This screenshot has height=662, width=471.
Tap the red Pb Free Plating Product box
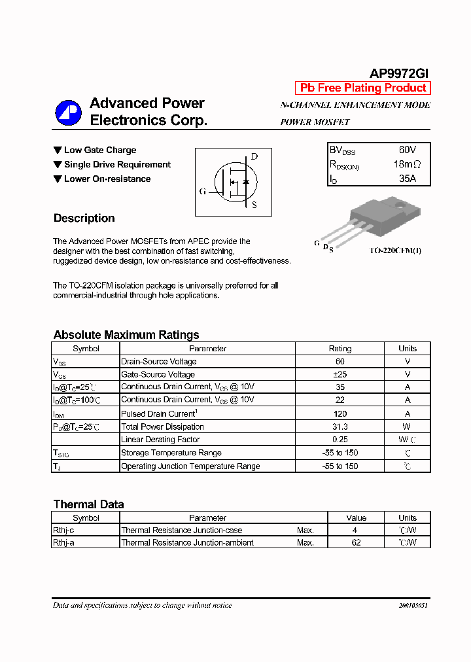coord(363,88)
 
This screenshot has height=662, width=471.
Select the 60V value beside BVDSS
coord(407,150)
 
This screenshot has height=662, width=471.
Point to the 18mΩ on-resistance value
coord(407,164)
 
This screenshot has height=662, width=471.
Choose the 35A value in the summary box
coord(407,179)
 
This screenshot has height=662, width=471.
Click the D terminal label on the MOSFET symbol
coord(254,156)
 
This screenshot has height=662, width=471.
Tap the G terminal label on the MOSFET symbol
coord(203,192)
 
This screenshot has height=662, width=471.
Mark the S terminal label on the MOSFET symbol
coord(254,205)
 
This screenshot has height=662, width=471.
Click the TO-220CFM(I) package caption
coord(395,251)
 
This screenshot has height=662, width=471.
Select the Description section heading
coord(84,218)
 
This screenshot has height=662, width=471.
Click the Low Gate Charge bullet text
coord(100,150)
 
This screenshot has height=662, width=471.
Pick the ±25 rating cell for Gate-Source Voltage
coord(340,374)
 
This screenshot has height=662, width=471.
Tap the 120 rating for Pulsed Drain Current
coord(340,413)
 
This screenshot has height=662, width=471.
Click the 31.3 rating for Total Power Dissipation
coord(340,427)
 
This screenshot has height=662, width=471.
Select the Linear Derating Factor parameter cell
coord(160,440)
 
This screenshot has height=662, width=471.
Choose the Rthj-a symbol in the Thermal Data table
coord(63,542)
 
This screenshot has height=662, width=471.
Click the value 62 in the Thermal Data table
coord(356,542)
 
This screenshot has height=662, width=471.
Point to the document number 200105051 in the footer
coord(413,606)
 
